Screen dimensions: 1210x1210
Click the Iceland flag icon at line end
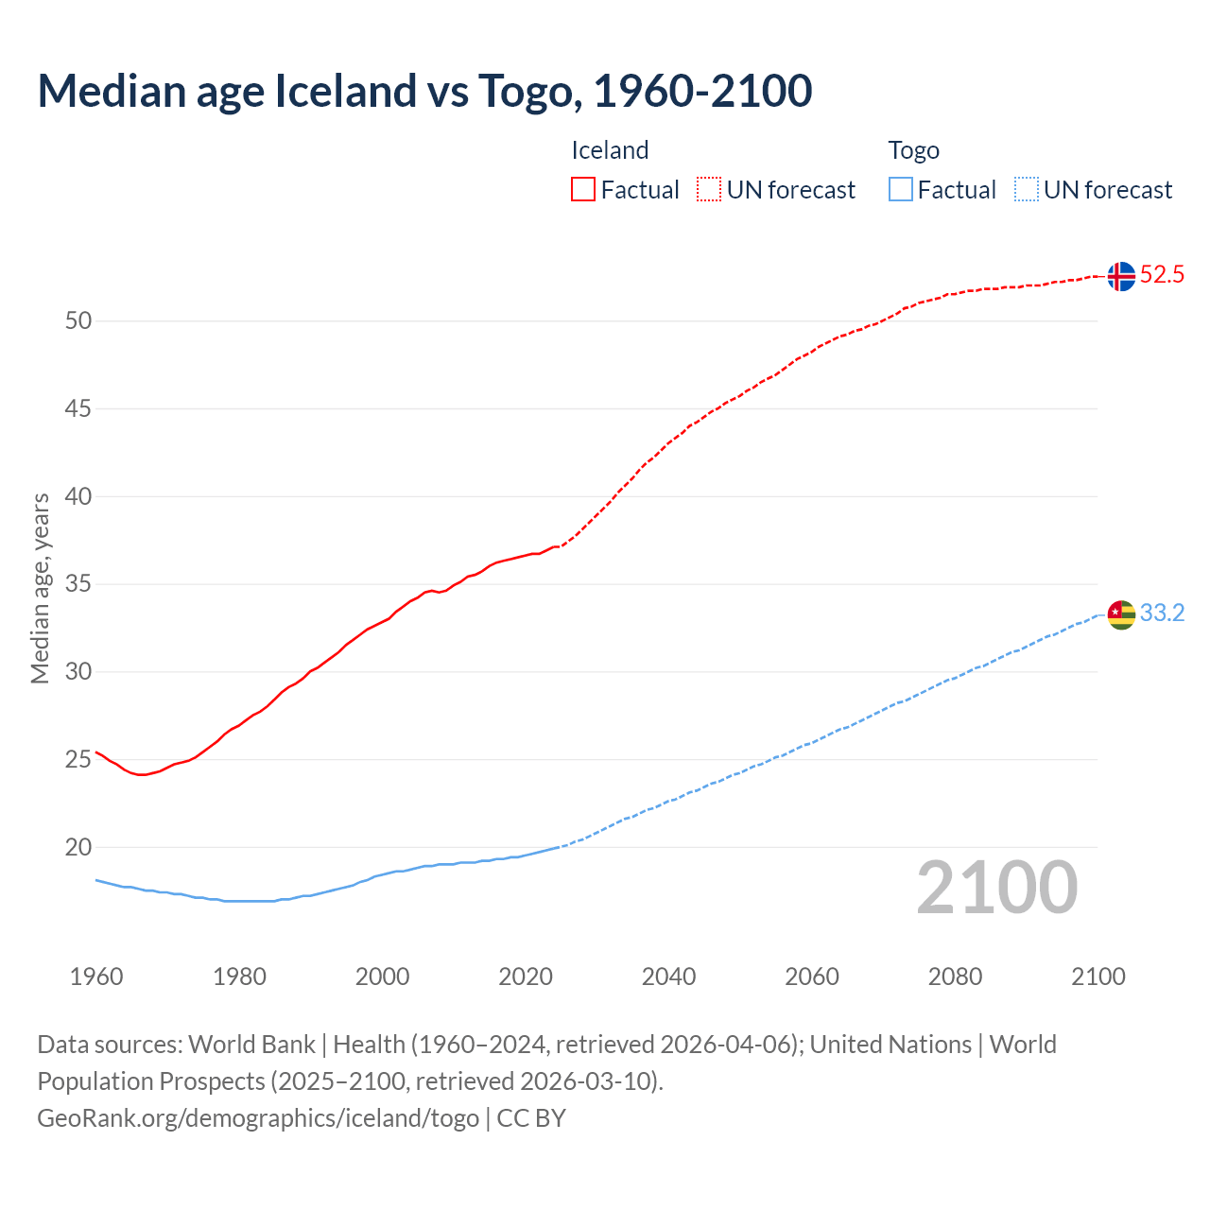[x=1121, y=276]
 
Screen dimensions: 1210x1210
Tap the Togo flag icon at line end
[x=1121, y=614]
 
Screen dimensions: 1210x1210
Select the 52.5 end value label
[x=1162, y=275]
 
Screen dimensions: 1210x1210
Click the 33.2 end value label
[x=1162, y=614]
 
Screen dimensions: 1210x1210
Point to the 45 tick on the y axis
[x=78, y=409]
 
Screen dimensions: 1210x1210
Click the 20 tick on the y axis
[x=78, y=848]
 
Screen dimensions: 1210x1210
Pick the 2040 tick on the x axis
[x=668, y=977]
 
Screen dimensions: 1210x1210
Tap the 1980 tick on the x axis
[x=239, y=977]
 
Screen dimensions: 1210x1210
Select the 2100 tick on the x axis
[x=1098, y=977]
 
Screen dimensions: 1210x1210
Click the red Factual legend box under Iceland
[x=583, y=190]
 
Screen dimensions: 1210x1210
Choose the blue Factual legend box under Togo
[x=901, y=190]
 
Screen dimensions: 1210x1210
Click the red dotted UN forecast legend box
[x=709, y=190]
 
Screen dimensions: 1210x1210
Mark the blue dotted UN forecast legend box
[x=1027, y=190]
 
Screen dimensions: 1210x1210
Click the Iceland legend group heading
[x=610, y=150]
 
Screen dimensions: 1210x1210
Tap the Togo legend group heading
[x=913, y=150]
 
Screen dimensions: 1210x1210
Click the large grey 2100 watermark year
[x=997, y=888]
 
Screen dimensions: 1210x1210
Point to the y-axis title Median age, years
[x=41, y=588]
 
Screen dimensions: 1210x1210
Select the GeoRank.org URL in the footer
[x=258, y=1118]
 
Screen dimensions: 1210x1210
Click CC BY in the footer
[x=531, y=1118]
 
